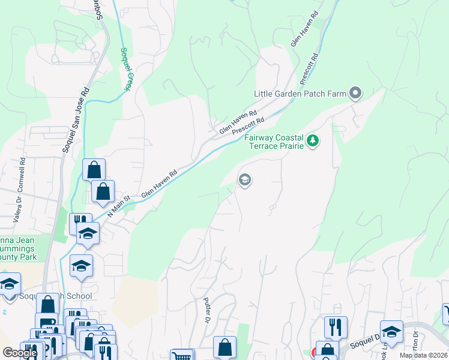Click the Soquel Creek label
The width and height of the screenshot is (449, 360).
(125, 69)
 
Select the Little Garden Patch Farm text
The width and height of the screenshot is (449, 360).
(300, 93)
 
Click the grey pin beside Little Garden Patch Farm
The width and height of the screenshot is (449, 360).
(355, 93)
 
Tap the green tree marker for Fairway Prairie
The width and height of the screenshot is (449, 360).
(312, 141)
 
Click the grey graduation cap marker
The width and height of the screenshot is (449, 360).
(244, 179)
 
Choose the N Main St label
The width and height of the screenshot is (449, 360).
(119, 206)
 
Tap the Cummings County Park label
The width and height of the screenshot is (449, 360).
(18, 252)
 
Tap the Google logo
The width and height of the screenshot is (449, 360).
(20, 353)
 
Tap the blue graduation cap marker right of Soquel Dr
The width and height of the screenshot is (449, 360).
(391, 331)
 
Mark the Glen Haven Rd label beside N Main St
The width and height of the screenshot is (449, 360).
(159, 184)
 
